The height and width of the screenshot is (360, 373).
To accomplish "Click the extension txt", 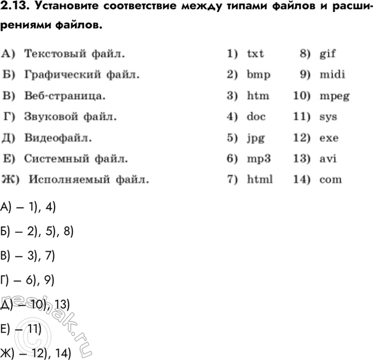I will [x=255, y=53].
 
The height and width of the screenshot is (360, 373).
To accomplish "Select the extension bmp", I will [x=258, y=75].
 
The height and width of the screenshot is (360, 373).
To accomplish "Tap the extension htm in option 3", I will [x=258, y=95].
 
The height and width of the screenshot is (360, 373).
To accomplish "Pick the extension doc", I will [x=256, y=116].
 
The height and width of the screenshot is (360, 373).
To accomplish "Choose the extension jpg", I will [x=255, y=138].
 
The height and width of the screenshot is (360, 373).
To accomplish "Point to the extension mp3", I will [x=258, y=159].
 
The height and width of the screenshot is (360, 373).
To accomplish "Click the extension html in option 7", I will [x=260, y=179].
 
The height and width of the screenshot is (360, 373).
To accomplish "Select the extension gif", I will [x=327, y=53].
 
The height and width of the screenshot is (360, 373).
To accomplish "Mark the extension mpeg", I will [x=335, y=96].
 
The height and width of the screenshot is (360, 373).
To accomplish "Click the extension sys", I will [x=328, y=116].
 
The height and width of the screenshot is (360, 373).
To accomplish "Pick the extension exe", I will [x=329, y=137].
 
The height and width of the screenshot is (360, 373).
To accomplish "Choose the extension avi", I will [x=327, y=158].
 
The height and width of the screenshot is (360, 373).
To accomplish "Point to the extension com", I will [x=330, y=179].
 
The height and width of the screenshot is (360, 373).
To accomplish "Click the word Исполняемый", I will [x=68, y=179].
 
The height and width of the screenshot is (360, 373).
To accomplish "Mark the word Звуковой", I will [x=52, y=116].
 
